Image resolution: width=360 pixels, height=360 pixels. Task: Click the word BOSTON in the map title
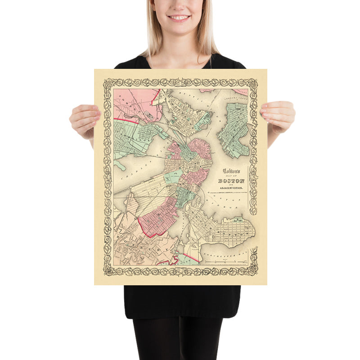228,180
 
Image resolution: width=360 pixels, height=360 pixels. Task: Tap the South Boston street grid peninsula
227,232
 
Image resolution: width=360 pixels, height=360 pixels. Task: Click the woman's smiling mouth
179,18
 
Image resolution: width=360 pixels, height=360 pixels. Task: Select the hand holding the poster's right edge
278,116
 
